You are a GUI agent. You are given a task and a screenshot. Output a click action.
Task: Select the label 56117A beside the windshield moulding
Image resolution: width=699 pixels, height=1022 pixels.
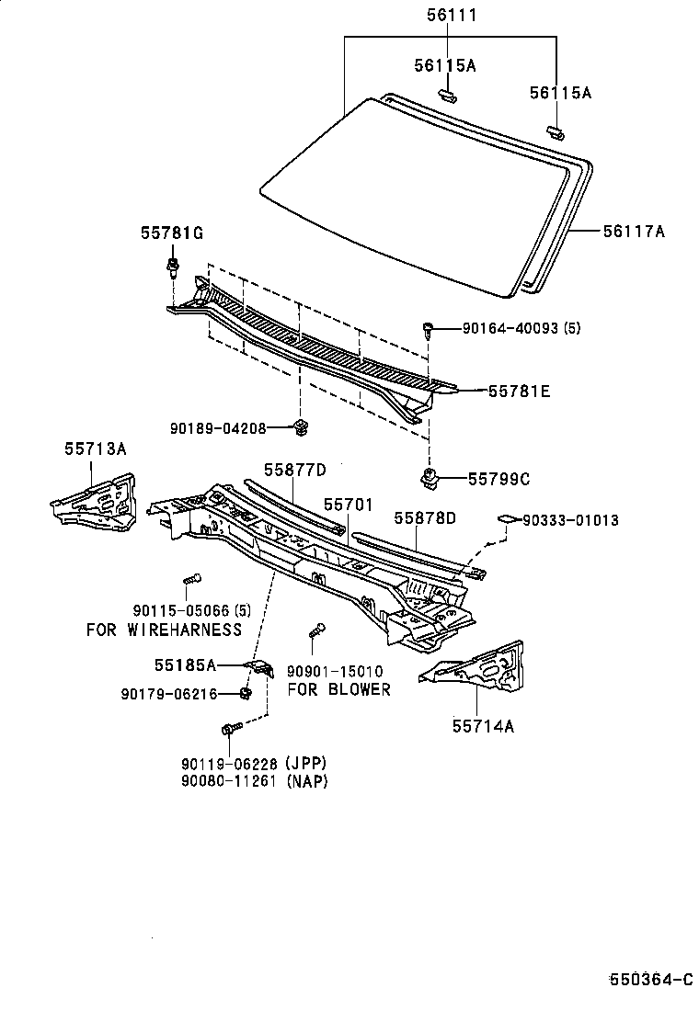tap(633, 232)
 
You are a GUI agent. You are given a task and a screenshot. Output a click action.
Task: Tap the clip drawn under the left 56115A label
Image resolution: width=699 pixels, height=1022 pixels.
tap(447, 93)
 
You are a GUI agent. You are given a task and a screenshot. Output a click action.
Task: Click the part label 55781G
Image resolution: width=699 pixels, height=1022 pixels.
tap(171, 233)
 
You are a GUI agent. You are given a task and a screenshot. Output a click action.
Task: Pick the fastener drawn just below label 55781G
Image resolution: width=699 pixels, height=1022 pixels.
tap(173, 267)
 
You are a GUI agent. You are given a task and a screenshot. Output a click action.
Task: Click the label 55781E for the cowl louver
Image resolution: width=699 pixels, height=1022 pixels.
tap(519, 391)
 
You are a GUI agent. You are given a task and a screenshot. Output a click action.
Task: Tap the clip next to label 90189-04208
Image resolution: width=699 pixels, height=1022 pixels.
tap(301, 426)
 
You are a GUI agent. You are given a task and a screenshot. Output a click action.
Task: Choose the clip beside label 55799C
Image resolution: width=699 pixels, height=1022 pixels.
tap(428, 475)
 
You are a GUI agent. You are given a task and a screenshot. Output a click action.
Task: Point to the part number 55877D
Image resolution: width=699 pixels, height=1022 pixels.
tap(295, 471)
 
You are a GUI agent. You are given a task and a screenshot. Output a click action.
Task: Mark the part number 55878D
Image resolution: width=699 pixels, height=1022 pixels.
tap(425, 518)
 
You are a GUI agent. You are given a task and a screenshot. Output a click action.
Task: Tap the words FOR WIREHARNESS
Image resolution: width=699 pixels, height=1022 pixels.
tap(164, 630)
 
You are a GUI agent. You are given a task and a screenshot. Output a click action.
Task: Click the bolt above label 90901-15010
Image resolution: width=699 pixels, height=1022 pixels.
tap(315, 630)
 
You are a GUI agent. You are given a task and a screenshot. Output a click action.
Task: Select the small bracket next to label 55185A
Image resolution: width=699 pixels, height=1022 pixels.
tap(258, 666)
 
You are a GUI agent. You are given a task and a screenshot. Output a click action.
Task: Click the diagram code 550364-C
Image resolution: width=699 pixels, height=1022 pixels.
tap(650, 980)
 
